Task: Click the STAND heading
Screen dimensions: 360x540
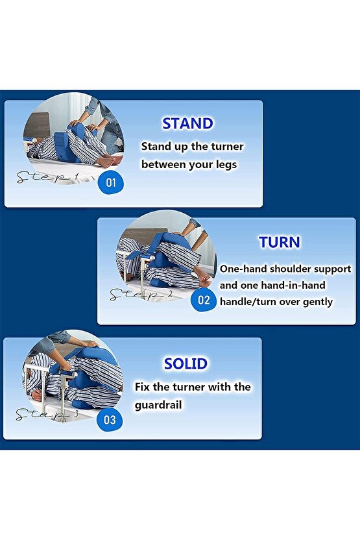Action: coord(187,123)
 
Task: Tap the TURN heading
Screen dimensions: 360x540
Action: coord(279,242)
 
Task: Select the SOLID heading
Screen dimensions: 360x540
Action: coord(186,363)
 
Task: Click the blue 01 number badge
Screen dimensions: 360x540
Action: coord(111,182)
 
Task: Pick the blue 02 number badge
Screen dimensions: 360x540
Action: coord(204,300)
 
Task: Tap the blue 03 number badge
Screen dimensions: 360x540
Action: coord(110,419)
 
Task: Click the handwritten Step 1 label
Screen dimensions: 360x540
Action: coord(48,177)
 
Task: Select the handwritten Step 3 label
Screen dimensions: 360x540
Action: coord(47,414)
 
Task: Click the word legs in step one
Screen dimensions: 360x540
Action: coord(226,165)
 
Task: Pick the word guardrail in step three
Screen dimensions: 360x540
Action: coord(158,404)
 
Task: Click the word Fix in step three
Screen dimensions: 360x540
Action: coord(142,386)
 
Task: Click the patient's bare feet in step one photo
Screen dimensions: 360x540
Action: coord(108,160)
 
